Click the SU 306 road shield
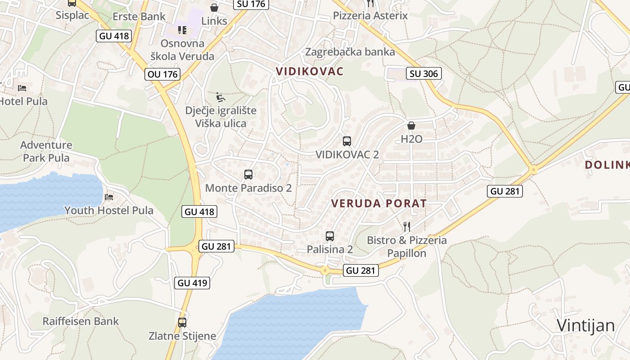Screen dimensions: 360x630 pos(424,73)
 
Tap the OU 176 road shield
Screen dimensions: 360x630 pos(162,74)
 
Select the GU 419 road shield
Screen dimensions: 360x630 pos(193,283)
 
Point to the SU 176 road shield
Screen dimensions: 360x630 pos(251,4)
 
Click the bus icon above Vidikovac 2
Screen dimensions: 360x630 pos(346,141)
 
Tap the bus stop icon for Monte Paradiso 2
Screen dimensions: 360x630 pos(248,175)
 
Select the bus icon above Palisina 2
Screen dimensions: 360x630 pos(329,236)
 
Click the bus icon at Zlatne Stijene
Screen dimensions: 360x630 pos(182,322)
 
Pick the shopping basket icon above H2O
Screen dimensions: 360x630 pos(411,126)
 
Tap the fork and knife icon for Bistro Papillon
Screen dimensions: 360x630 pos(407,226)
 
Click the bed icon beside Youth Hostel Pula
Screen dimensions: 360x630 pos(108,197)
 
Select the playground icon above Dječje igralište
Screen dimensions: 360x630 pos(220,97)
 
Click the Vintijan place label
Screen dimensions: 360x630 pos(585,325)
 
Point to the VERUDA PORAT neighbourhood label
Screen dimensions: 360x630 pos(379,203)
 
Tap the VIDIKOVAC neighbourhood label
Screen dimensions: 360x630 pos(310,71)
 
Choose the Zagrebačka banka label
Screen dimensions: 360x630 pos(350,52)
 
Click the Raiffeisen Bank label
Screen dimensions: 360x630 pos(81,321)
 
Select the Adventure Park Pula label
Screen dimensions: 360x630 pos(46,151)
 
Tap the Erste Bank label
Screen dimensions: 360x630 pos(139,17)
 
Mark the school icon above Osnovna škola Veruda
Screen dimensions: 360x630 pos(182,30)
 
